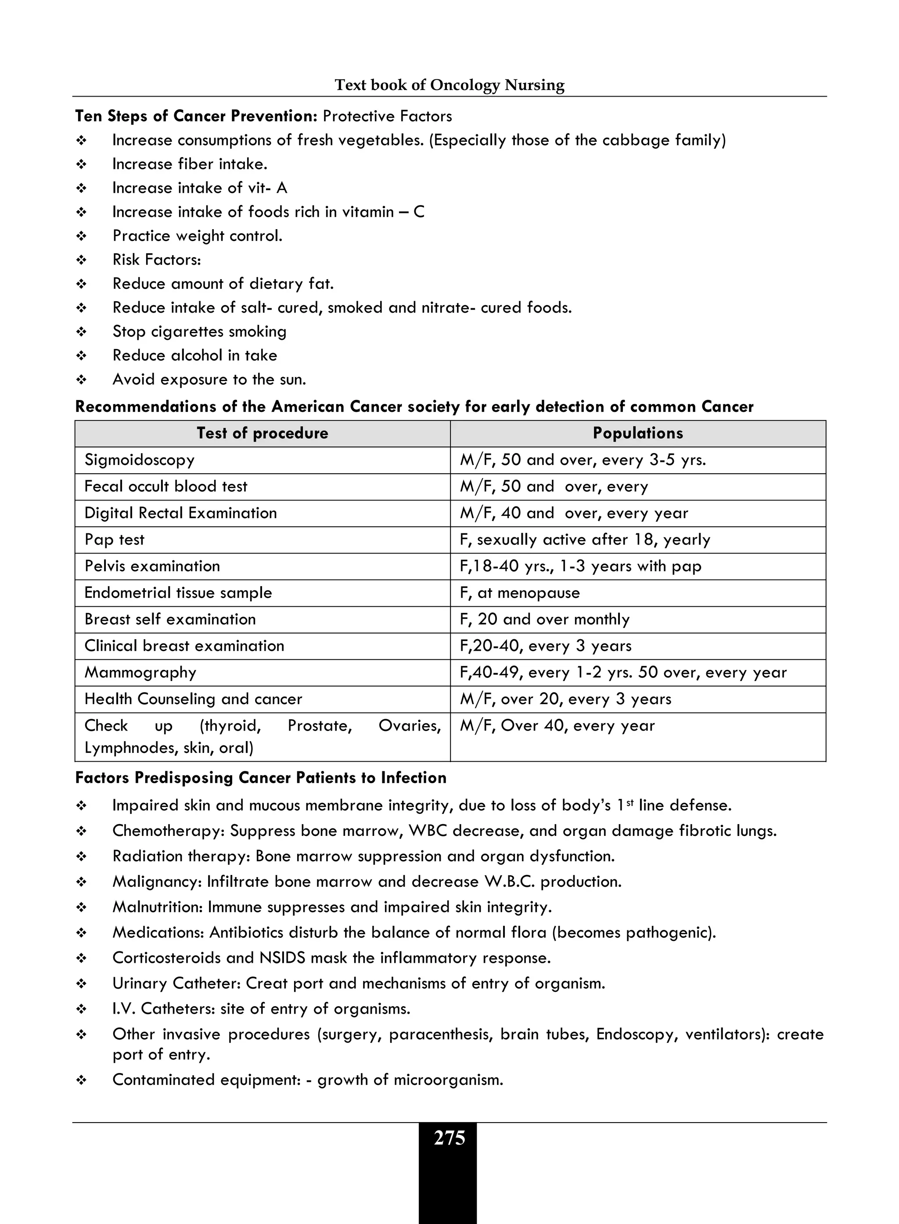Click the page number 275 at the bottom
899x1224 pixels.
tap(449, 1138)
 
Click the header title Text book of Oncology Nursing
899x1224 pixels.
tap(449, 85)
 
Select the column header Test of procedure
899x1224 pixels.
tap(263, 433)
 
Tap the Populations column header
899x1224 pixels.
tap(638, 433)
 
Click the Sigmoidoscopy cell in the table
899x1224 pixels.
tap(139, 460)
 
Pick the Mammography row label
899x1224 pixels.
tap(140, 673)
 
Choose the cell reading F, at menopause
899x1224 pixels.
tap(520, 593)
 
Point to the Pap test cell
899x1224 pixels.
tap(114, 540)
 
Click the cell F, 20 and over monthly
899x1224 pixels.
tap(545, 619)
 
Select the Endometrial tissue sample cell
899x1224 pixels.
tap(178, 593)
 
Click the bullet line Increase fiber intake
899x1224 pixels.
tap(189, 164)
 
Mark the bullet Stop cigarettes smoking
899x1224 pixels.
tap(199, 331)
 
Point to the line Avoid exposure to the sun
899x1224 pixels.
tap(209, 379)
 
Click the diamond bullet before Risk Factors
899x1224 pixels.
tap(82, 260)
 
